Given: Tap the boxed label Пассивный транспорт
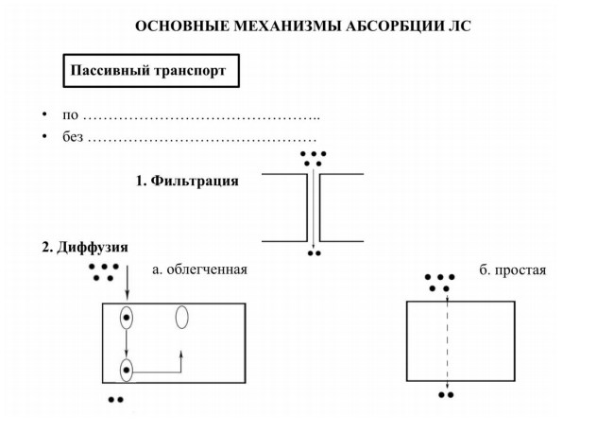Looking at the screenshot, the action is click(151, 71).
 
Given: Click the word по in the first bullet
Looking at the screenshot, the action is click(70, 115).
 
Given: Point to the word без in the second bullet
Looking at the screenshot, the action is click(73, 137).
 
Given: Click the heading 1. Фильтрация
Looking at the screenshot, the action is click(187, 181).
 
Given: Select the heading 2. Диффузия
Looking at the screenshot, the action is click(85, 248).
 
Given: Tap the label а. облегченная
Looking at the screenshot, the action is click(199, 269).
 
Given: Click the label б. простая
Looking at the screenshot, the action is click(513, 270).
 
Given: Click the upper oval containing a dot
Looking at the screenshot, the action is click(126, 317).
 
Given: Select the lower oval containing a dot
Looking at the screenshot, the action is click(126, 370).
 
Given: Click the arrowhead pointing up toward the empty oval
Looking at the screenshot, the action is click(181, 354).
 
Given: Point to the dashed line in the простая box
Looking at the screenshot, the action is click(447, 341).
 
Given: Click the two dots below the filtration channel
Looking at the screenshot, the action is click(314, 253).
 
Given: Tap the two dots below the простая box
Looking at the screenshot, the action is click(446, 395).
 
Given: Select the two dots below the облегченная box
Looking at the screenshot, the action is click(116, 400).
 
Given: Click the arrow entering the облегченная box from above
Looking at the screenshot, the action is click(127, 282).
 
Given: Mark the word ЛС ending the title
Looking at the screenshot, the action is click(461, 26).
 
